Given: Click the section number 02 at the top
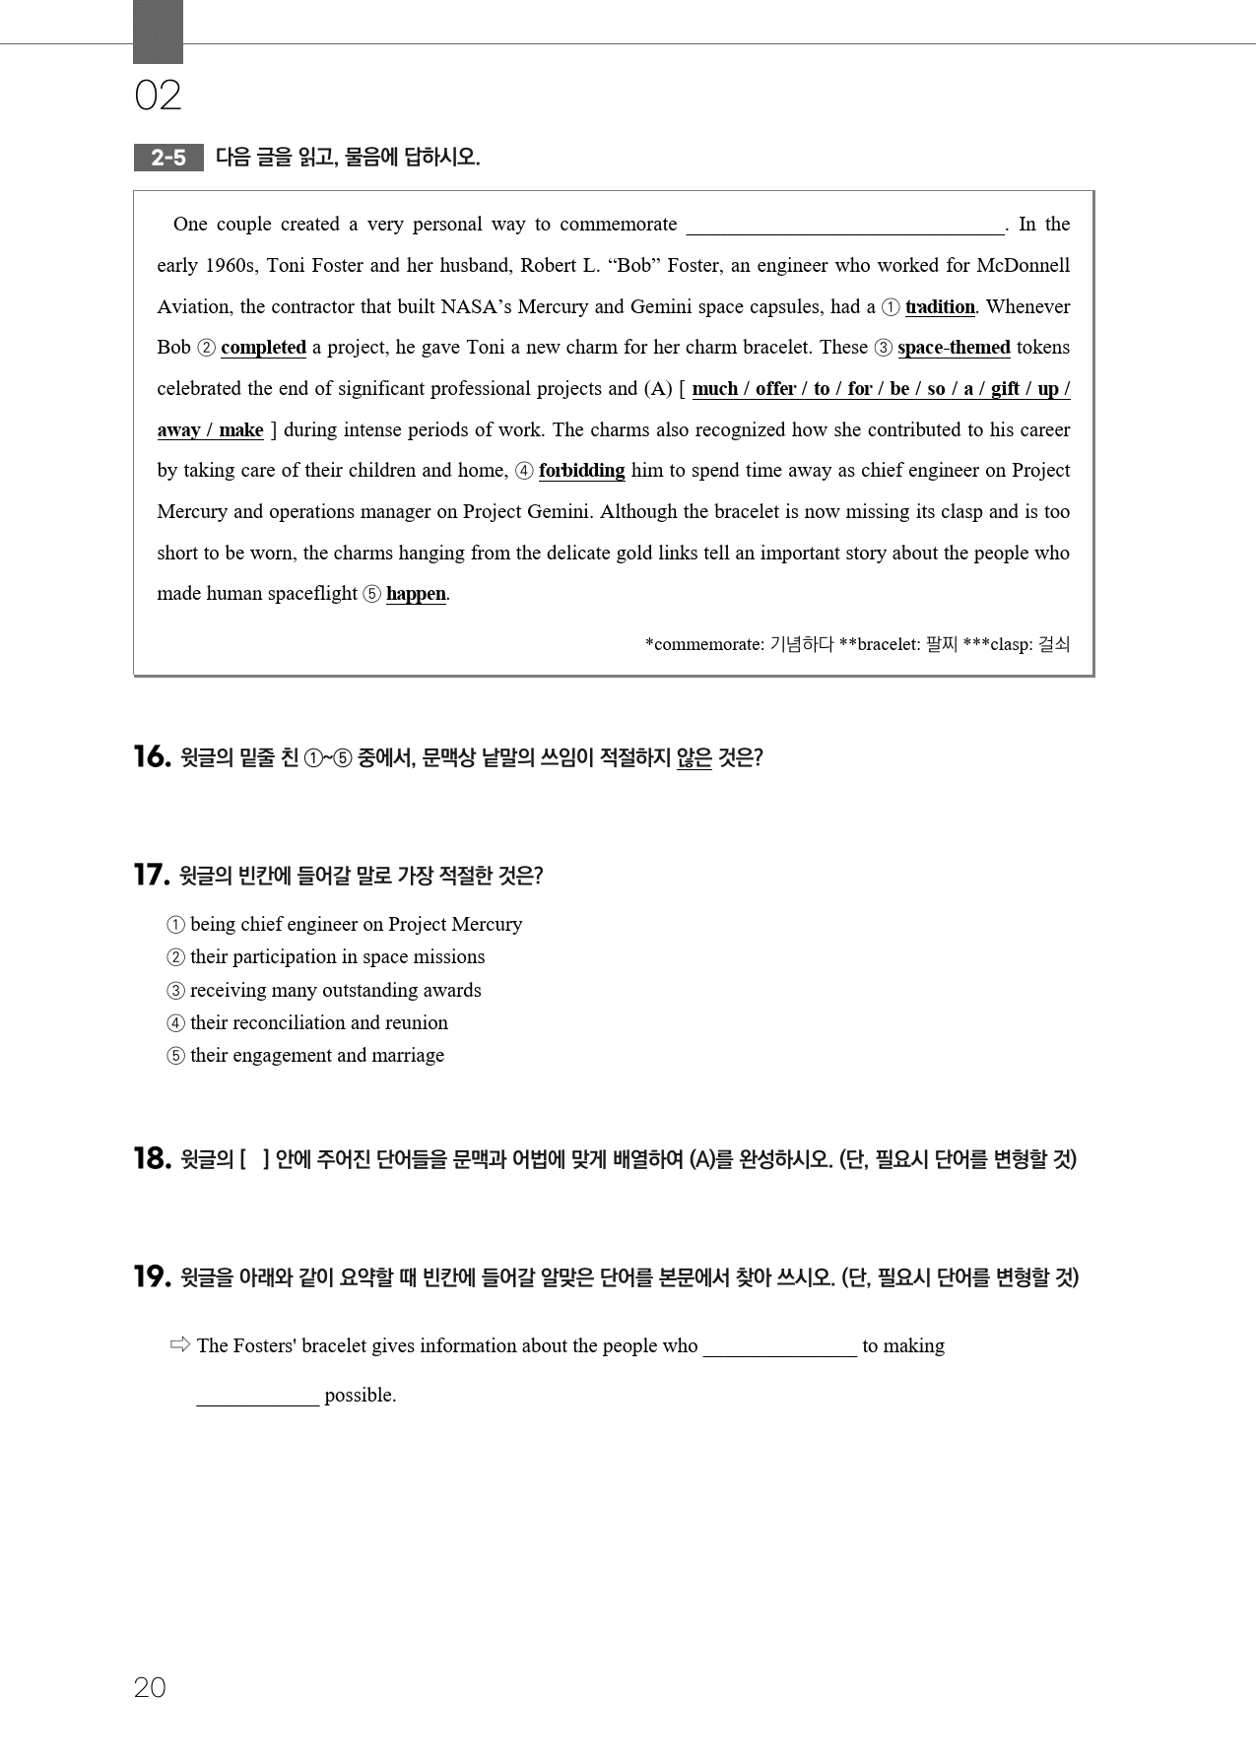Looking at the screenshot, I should pos(158,96).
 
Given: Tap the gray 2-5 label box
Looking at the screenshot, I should pos(168,158).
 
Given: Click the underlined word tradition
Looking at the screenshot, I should pos(940,306).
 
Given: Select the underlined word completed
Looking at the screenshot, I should pos(263,348).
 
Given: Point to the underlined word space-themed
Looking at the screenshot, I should pos(954,348).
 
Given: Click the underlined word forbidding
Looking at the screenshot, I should pos(581,471).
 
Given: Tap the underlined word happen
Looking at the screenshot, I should pos(416,594).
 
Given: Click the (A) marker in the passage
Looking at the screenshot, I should pos(658,389).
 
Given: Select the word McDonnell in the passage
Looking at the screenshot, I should pos(1023,266).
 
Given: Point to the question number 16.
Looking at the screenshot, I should pos(152,757).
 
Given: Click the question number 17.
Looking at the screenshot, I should pos(152,876).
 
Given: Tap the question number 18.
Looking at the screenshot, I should pos(152,1159).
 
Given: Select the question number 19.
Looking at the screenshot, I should pos(152,1277).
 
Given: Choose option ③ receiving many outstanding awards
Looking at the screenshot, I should pos(324,990).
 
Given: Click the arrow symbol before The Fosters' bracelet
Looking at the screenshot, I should pos(179,1344).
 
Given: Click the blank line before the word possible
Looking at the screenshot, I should pos(257,1397).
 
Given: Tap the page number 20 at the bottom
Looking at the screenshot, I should pos(150,1688).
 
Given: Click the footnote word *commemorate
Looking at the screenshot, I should pos(704,645).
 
